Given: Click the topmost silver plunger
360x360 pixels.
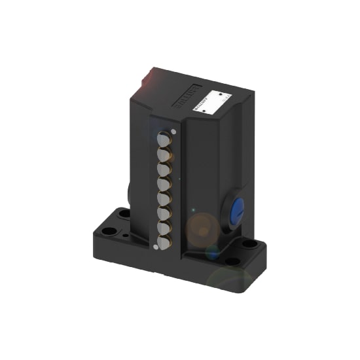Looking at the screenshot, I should (164, 139).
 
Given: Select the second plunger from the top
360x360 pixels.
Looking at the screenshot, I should (164, 154).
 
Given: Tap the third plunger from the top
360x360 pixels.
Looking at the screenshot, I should (164, 169).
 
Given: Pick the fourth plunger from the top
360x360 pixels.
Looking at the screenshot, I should (164, 184).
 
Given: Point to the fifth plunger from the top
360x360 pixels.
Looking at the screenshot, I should (164, 198).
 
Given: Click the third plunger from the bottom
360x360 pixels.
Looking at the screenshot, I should (164, 213).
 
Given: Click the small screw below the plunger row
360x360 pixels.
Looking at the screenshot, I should (155, 247).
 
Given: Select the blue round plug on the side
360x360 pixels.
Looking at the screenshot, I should (238, 209).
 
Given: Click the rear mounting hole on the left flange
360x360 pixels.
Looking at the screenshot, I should (124, 213).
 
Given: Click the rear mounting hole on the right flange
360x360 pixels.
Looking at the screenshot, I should (250, 244).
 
